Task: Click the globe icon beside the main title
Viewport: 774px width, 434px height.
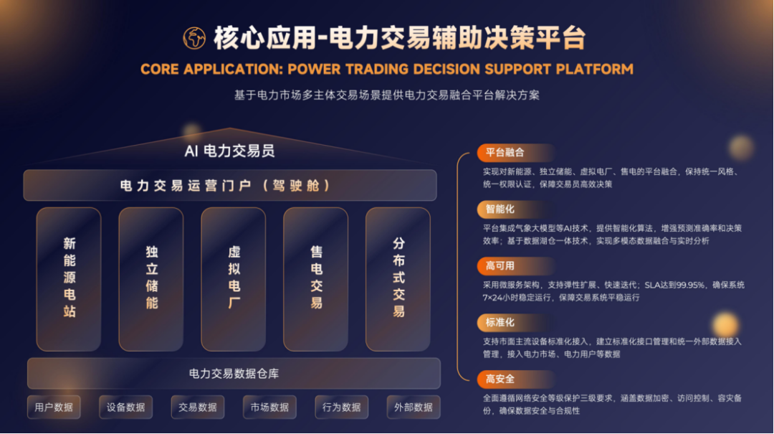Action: [x=194, y=38]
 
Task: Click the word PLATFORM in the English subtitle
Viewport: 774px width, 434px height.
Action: [x=594, y=69]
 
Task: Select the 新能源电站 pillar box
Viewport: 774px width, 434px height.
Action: [x=69, y=279]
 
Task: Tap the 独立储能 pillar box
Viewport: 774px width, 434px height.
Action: [x=151, y=279]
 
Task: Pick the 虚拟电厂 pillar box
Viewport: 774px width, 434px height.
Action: [x=234, y=279]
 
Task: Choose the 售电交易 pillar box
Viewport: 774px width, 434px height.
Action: [x=315, y=279]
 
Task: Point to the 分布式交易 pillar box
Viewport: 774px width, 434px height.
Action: [x=398, y=279]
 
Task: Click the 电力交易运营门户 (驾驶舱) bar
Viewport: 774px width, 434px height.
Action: [x=230, y=185]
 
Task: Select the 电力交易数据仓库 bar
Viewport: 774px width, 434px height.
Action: [x=234, y=373]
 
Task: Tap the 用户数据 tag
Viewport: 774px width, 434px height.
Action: [x=54, y=407]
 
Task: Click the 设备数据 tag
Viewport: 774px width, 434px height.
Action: [x=126, y=407]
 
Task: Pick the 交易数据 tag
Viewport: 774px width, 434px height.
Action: [x=198, y=407]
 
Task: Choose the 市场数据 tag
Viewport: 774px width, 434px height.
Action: [x=269, y=407]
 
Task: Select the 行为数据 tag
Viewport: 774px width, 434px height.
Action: [x=342, y=407]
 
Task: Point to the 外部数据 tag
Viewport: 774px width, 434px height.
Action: [x=414, y=407]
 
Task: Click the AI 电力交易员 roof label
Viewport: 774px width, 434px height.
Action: [x=229, y=151]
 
